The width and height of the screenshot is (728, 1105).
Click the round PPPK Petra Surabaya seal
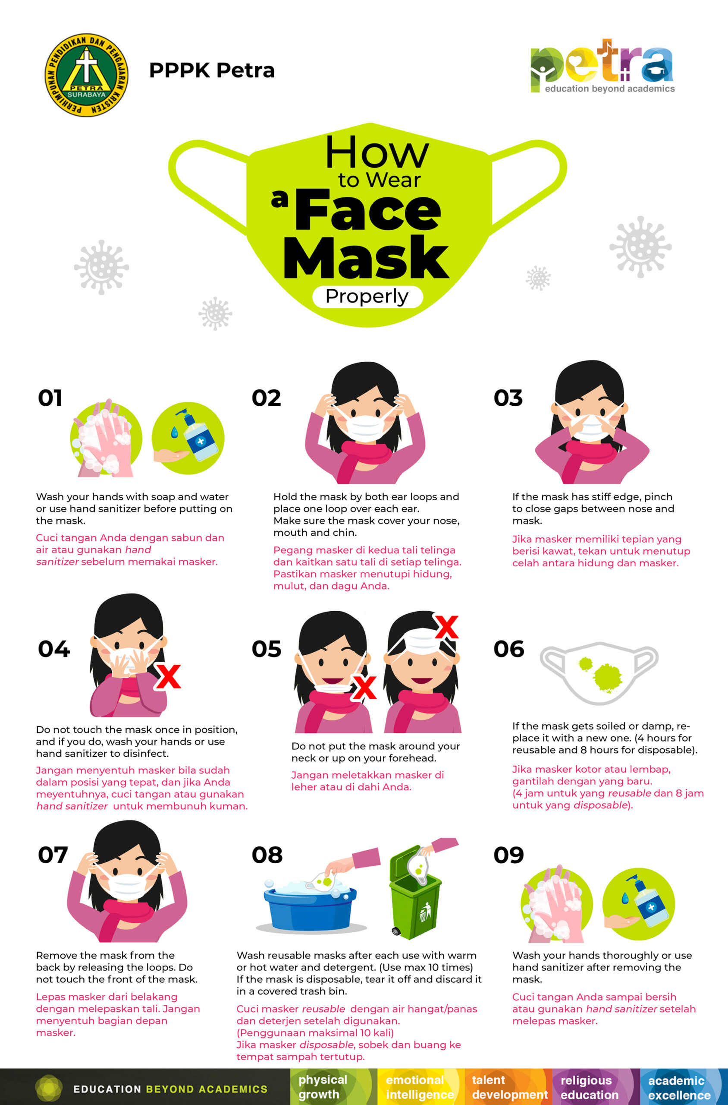click(86, 75)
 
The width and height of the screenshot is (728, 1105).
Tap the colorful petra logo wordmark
click(602, 66)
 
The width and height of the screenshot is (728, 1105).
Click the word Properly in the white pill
click(367, 296)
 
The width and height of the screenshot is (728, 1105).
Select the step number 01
click(50, 398)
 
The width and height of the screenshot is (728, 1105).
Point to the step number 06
click(509, 649)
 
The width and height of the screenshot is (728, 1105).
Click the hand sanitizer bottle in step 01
click(199, 436)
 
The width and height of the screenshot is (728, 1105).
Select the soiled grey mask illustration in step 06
click(599, 672)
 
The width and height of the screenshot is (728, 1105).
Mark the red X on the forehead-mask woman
click(446, 626)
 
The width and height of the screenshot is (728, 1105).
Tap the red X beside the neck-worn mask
click(364, 687)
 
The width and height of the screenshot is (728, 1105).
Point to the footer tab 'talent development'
click(508, 1087)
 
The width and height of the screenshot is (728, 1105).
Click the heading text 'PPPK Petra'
click(212, 71)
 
